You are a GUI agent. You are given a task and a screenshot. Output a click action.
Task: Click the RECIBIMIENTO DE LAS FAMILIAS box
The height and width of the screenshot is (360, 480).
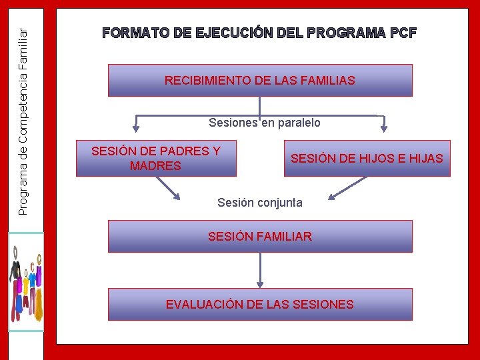click(x=260, y=81)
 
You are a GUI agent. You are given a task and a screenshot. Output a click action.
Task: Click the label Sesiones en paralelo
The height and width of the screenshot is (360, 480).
click(x=264, y=123)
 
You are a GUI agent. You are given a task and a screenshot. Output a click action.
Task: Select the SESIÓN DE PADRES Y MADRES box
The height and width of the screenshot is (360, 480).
click(x=156, y=159)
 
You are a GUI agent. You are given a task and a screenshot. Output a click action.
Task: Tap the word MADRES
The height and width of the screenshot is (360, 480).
click(x=155, y=166)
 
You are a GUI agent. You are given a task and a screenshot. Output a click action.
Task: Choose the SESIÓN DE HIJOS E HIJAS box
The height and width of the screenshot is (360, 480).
click(x=367, y=159)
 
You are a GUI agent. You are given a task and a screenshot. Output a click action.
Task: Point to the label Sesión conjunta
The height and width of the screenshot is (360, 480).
click(x=259, y=203)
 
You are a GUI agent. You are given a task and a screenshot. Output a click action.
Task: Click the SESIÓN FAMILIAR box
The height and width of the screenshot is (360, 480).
click(x=260, y=237)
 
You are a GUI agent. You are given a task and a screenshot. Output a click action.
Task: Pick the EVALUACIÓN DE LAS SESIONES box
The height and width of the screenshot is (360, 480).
click(x=260, y=305)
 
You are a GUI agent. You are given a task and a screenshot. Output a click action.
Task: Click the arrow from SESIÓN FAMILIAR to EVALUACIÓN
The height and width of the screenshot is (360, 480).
click(x=260, y=270)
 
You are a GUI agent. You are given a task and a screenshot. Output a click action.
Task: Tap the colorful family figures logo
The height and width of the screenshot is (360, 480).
click(x=25, y=281)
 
